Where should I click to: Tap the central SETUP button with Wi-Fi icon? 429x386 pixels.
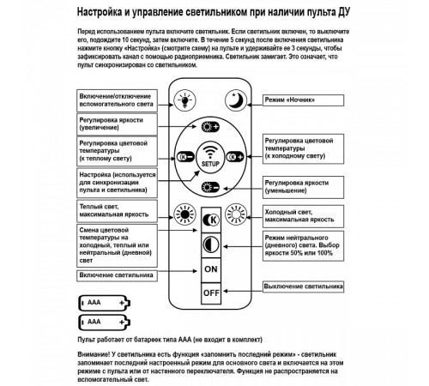click(x=210, y=158)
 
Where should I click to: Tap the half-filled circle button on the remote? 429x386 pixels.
click(x=210, y=244)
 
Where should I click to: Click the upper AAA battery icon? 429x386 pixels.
click(x=103, y=303)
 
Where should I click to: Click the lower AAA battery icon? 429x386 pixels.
click(x=103, y=323)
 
